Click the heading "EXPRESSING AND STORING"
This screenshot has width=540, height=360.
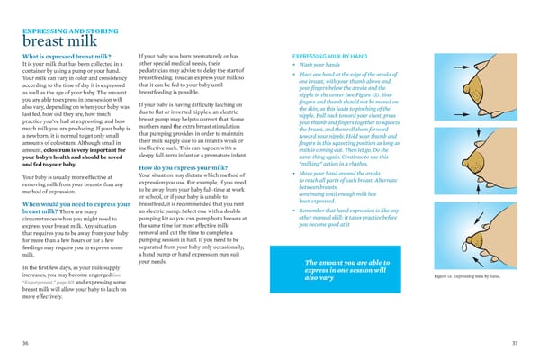pos(71,31)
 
